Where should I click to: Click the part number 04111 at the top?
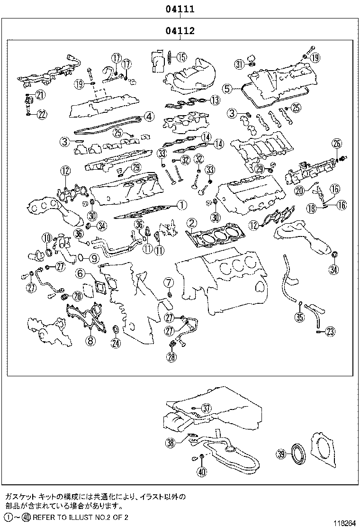click(x=180, y=9)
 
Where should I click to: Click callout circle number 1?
click(x=180, y=205)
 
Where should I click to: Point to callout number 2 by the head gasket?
click(x=191, y=222)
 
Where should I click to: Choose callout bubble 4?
click(x=148, y=116)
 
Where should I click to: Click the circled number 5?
click(x=227, y=88)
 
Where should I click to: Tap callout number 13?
click(x=215, y=100)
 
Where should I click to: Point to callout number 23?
click(x=330, y=330)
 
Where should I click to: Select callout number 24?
click(x=115, y=343)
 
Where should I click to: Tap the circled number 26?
click(x=336, y=143)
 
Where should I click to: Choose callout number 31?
click(x=239, y=64)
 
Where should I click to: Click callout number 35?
click(x=299, y=317)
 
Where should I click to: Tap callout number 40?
click(x=202, y=471)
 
